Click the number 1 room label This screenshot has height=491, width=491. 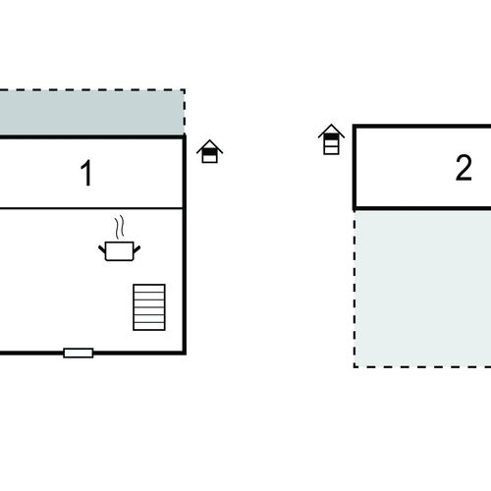[x=86, y=173]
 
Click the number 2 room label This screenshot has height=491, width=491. [x=464, y=168]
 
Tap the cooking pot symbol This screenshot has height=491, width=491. [x=120, y=250]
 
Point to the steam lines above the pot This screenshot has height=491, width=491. [x=120, y=226]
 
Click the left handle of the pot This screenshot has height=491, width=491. [x=102, y=249]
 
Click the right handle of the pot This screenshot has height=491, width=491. [x=136, y=249]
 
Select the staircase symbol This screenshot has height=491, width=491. [x=149, y=307]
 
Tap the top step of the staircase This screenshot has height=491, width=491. [x=149, y=288]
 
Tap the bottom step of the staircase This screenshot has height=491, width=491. [x=149, y=326]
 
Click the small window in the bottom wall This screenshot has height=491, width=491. [x=79, y=353]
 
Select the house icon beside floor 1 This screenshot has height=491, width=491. [x=210, y=151]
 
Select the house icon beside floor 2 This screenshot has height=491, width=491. [x=331, y=139]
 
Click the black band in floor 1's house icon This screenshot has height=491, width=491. [x=210, y=152]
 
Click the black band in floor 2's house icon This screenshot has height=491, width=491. [x=331, y=136]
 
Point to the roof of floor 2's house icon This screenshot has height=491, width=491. [x=331, y=131]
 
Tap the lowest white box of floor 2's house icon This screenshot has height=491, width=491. [x=331, y=150]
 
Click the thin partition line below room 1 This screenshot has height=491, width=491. [x=91, y=208]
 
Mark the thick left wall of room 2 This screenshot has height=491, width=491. [x=355, y=168]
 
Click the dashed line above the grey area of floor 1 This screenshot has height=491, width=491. [x=92, y=89]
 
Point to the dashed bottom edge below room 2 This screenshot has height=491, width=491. [x=422, y=367]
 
